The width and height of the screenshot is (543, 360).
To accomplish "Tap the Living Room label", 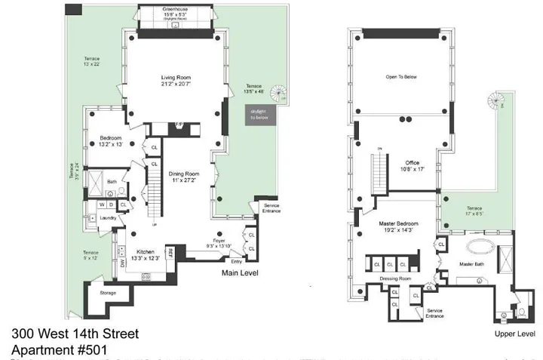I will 178,78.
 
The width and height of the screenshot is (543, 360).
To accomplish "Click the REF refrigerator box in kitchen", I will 170,253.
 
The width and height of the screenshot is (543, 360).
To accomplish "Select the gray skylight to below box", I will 259,115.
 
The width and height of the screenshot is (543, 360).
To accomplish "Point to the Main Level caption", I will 241,274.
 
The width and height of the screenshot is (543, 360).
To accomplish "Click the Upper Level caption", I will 515,333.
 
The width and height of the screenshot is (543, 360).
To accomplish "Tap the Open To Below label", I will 401,76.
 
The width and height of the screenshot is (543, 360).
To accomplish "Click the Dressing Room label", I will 394,278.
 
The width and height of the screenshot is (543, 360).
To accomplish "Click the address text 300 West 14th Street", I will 75,334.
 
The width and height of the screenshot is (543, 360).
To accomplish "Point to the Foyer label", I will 218,241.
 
